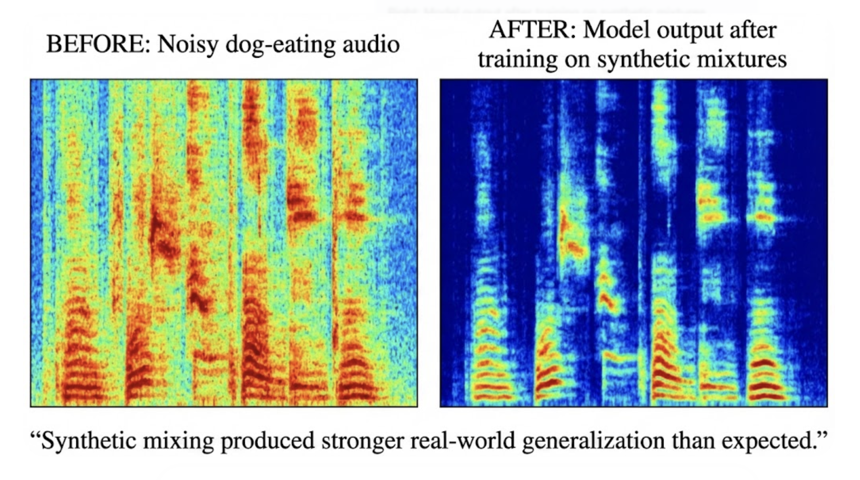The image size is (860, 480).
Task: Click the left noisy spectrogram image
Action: click(x=224, y=243)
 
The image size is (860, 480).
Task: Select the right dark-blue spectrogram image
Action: click(x=633, y=243)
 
